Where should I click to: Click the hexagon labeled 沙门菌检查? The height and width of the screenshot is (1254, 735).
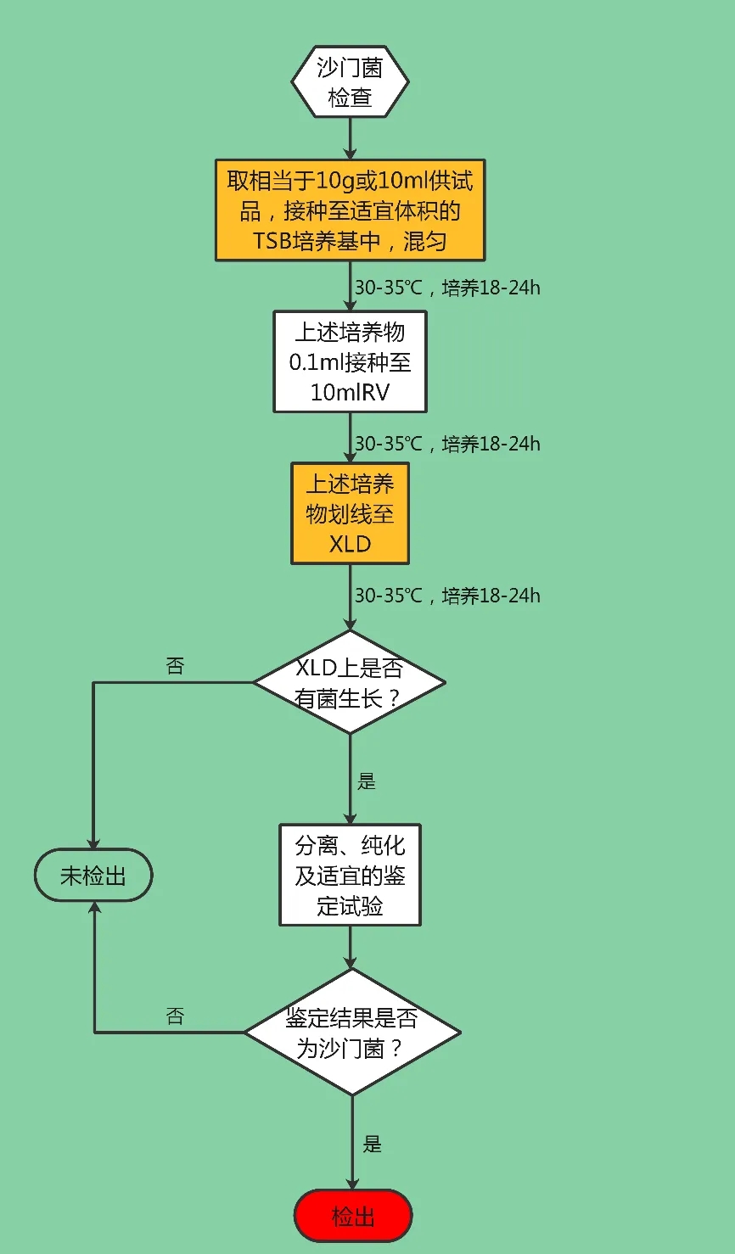[350, 81]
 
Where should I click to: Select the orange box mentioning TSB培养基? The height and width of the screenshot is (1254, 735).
[350, 210]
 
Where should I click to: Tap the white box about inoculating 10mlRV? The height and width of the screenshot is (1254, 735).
[350, 361]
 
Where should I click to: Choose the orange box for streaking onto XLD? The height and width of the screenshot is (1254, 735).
[350, 513]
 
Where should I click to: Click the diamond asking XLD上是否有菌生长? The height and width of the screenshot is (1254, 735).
[350, 682]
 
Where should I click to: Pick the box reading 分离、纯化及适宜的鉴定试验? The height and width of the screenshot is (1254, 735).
[350, 875]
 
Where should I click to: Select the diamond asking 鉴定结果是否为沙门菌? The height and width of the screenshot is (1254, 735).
[352, 1033]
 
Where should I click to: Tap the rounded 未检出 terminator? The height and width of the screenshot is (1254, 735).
[93, 875]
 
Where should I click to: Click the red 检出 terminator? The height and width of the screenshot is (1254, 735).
[352, 1217]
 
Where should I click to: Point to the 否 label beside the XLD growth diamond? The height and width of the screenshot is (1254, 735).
[175, 666]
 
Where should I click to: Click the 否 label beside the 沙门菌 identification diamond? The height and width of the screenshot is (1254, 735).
[175, 1016]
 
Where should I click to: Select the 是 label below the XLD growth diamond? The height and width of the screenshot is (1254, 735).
[367, 781]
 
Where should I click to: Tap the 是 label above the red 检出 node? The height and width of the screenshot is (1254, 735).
[373, 1145]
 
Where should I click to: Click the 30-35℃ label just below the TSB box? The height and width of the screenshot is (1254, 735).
[446, 288]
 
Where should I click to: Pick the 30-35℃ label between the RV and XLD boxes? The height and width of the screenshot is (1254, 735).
[446, 444]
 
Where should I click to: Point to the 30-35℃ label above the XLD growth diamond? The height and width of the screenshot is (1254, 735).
[446, 596]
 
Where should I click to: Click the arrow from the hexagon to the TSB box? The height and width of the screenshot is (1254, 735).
[350, 138]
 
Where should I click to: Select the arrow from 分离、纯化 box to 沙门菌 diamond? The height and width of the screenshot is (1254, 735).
[350, 947]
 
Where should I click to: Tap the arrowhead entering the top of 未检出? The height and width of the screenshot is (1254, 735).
[93, 841]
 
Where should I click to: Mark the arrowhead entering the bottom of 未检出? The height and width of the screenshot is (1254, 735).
[93, 909]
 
